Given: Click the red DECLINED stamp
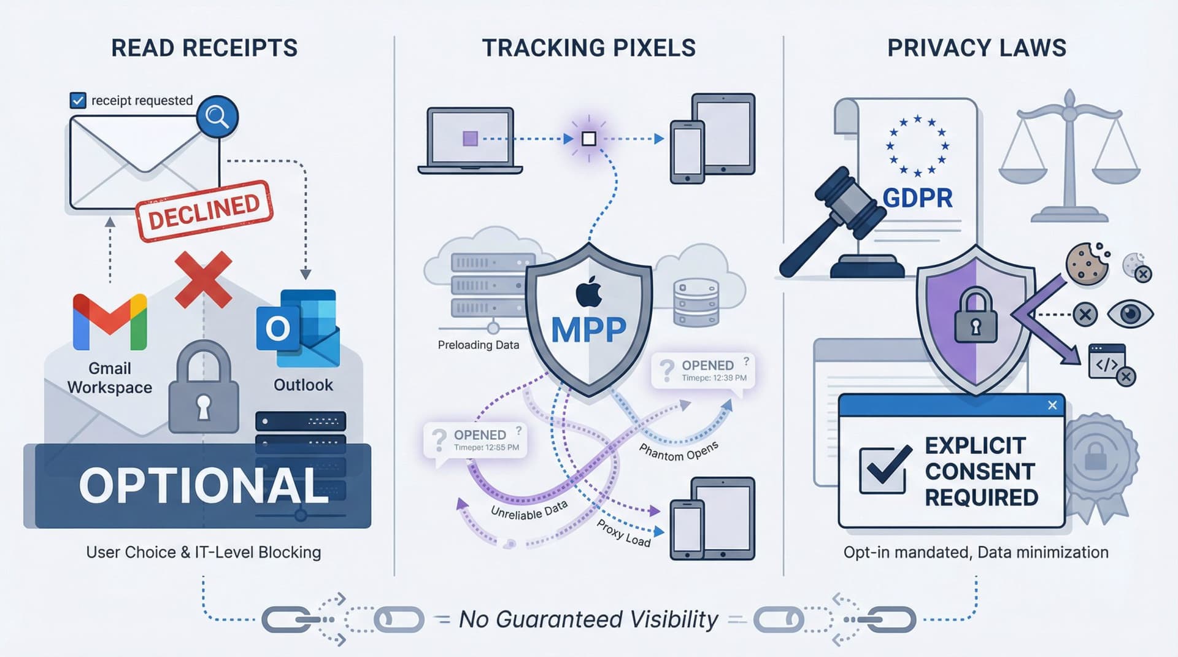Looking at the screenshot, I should click(204, 210).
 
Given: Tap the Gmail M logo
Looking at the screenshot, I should click(110, 321).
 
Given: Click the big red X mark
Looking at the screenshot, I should click(203, 279).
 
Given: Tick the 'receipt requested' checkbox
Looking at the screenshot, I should click(78, 100).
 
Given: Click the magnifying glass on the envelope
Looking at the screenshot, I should click(217, 117).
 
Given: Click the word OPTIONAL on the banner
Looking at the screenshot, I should click(204, 486).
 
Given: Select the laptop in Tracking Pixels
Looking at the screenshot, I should click(471, 140).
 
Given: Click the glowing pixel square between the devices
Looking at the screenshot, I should click(588, 139).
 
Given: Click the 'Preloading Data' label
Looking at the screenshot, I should click(478, 345).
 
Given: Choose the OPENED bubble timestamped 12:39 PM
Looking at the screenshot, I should click(703, 370).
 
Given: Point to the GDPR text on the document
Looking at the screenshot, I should click(917, 198).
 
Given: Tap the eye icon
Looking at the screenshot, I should click(1130, 314).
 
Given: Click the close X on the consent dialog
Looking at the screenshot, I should click(1052, 405).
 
